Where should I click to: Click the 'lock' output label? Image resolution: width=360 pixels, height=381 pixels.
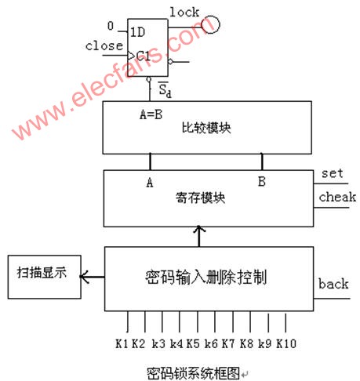point(184,12)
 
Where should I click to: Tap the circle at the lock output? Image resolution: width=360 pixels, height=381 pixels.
point(210,25)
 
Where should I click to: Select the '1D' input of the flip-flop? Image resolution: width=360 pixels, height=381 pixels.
point(137,32)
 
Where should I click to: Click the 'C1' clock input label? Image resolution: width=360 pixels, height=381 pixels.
point(140,55)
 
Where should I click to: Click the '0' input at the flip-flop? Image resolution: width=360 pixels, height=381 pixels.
point(110,25)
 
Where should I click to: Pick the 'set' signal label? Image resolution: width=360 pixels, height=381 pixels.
point(333,173)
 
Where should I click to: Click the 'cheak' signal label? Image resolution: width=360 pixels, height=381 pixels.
point(338,198)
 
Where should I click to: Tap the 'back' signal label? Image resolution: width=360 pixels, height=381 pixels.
point(333,283)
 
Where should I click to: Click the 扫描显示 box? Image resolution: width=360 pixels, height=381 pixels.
point(43,276)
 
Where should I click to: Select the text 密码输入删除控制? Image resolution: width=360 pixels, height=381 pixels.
point(206,277)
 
